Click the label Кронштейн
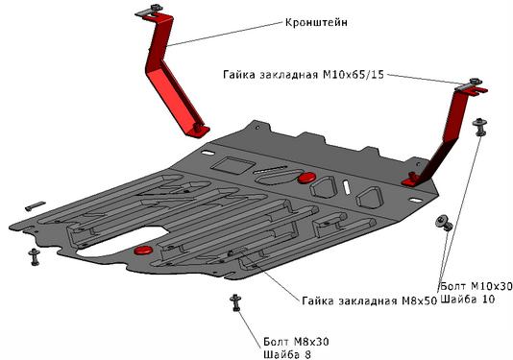[316, 23]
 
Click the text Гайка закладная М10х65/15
[304, 75]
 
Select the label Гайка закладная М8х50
[369, 300]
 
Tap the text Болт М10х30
[476, 286]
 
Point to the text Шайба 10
[468, 299]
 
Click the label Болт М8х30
[296, 342]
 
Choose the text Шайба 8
[287, 354]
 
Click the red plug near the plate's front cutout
[143, 251]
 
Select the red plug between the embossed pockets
[306, 178]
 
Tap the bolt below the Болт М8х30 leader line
[235, 302]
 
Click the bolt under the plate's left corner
[34, 256]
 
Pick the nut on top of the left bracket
[156, 8]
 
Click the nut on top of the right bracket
[475, 82]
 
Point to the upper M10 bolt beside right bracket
[479, 127]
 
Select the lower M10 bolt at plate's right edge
[444, 223]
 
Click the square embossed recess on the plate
[232, 165]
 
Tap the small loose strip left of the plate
[35, 206]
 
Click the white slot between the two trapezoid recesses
[347, 187]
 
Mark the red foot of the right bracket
[411, 180]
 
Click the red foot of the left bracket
[198, 130]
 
